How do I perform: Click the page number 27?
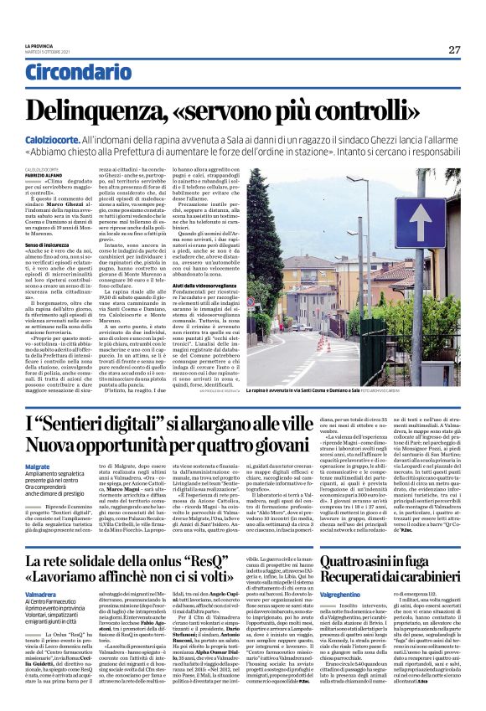pyautogui.click(x=454, y=49)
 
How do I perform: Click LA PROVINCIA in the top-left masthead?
pyautogui.click(x=38, y=44)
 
